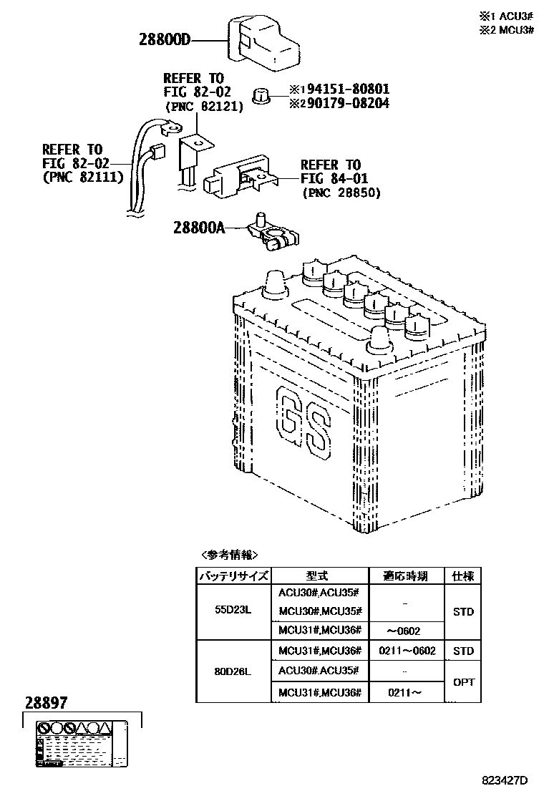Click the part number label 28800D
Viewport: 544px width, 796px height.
pos(165,41)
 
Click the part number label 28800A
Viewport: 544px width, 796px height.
pos(198,228)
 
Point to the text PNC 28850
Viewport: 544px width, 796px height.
pos(341,193)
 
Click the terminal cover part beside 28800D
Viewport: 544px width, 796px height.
pos(263,44)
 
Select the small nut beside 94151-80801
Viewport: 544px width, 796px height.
pos(263,95)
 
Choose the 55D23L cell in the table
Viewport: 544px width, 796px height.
pos(233,610)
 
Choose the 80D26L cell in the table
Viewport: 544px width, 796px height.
pos(233,671)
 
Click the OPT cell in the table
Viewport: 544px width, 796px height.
pos(464,681)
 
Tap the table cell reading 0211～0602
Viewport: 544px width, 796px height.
pos(405,651)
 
